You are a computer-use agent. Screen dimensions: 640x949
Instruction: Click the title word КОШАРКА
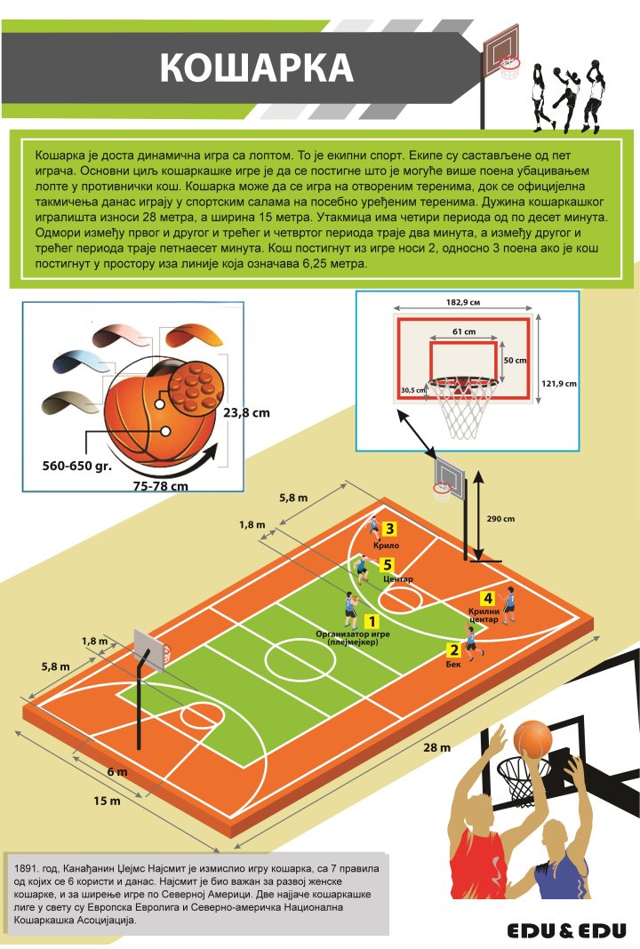(x=256, y=67)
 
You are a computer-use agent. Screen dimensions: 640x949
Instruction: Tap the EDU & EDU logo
(x=566, y=930)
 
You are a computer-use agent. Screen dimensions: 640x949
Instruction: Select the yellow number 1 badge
(x=372, y=621)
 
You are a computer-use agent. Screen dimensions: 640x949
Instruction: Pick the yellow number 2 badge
(x=453, y=650)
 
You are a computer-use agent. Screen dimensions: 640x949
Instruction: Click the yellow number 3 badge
(x=390, y=529)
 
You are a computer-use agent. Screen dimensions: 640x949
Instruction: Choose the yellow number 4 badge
(x=487, y=599)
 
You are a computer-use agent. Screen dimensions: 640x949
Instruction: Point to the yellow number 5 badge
(x=387, y=565)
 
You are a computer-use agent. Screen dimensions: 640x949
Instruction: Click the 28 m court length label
(x=436, y=747)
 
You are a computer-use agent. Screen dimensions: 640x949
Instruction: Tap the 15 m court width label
(x=107, y=801)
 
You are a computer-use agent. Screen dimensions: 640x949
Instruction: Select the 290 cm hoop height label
(x=500, y=519)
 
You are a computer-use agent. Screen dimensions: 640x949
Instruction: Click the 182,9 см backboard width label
(x=464, y=303)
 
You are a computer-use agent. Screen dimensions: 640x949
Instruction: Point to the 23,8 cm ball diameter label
(x=246, y=413)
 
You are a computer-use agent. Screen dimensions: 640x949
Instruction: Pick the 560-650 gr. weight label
(x=77, y=466)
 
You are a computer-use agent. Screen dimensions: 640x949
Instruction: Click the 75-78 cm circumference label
(x=161, y=485)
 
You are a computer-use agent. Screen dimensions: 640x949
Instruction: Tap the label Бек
(x=453, y=664)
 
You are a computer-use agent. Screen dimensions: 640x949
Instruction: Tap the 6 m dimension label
(x=117, y=771)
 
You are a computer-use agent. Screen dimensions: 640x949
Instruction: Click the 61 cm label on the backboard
(x=464, y=331)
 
